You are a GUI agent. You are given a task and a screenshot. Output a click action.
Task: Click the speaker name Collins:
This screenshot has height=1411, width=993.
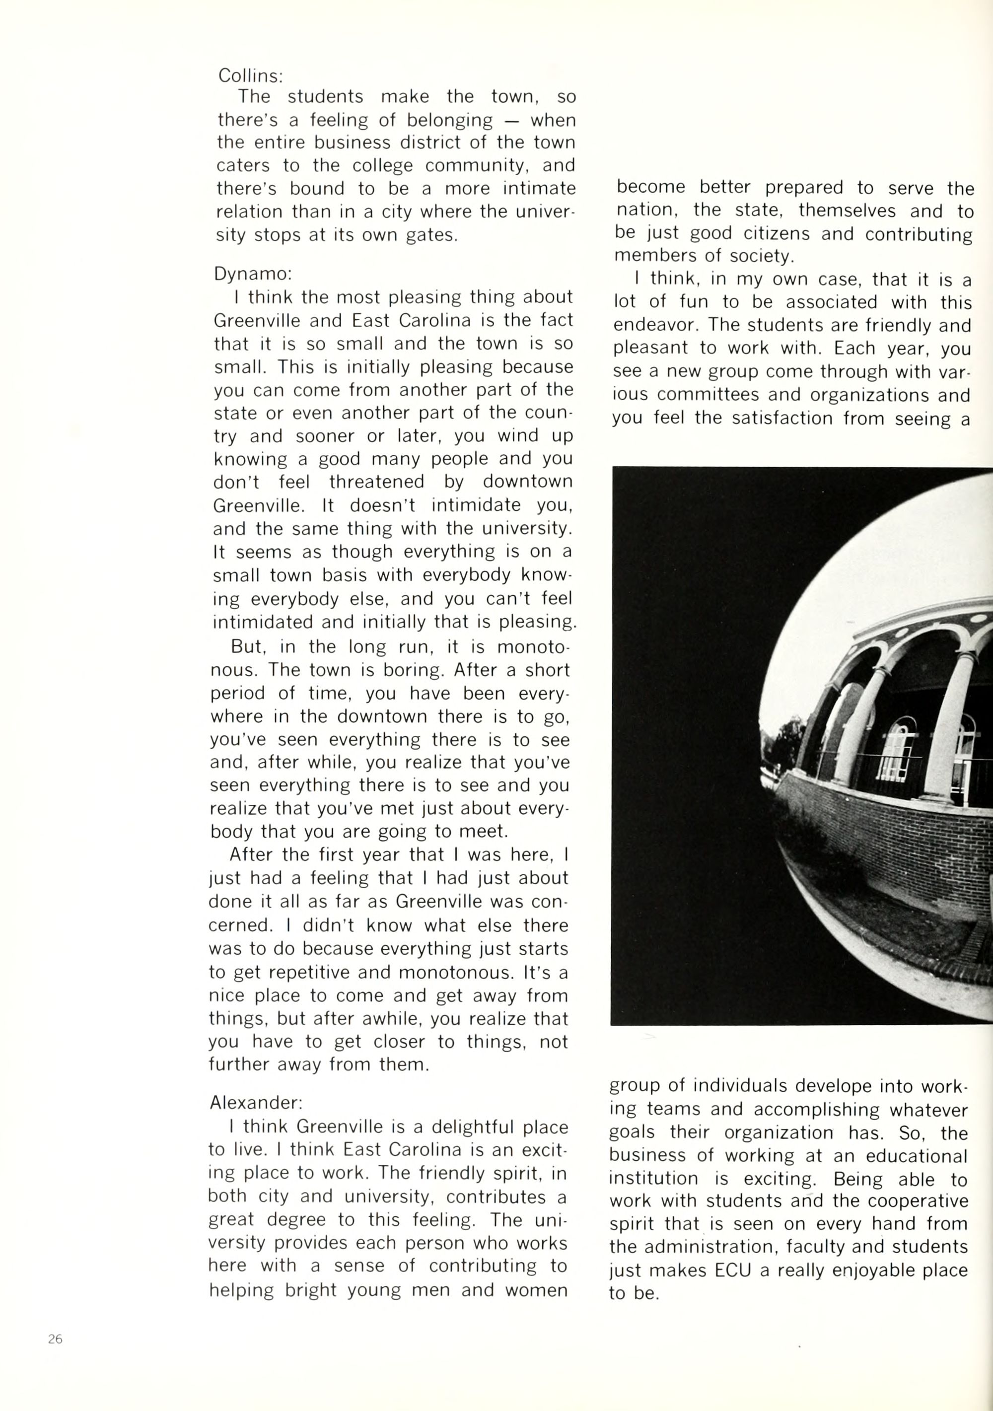pyautogui.click(x=250, y=75)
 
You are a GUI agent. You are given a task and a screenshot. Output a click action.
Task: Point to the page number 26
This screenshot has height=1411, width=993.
pyautogui.click(x=55, y=1339)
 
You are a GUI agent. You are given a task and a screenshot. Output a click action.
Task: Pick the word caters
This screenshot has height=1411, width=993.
pyautogui.click(x=243, y=166)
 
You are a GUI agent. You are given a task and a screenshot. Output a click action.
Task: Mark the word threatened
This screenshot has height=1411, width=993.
pyautogui.click(x=376, y=482)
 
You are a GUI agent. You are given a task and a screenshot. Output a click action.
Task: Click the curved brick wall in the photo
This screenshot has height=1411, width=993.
pyautogui.click(x=872, y=830)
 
